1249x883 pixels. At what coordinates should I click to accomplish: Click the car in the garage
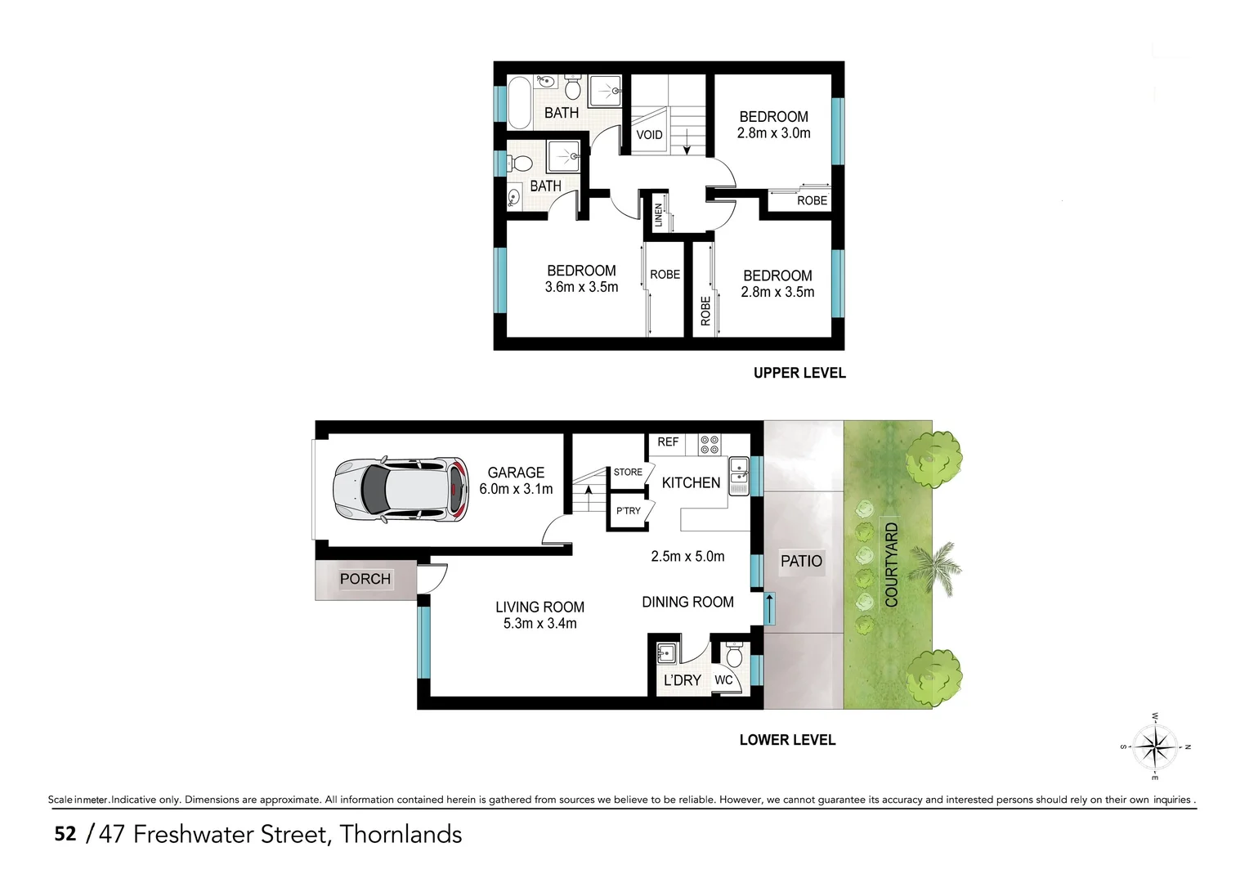tap(401, 489)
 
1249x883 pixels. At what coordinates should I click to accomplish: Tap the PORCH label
tap(365, 579)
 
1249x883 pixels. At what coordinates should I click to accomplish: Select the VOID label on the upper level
tap(649, 135)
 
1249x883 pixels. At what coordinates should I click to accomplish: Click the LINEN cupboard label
tap(658, 215)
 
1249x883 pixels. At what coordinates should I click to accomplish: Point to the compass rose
tap(1155, 746)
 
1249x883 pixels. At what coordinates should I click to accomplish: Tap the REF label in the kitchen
tap(668, 441)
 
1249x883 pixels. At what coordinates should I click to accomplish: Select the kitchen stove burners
tap(710, 444)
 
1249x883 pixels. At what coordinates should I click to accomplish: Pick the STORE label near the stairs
tap(628, 472)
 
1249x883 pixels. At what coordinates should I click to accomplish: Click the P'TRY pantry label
tap(628, 511)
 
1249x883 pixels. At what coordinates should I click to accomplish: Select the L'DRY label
tap(682, 680)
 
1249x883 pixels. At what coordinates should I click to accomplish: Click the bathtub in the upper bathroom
tap(519, 102)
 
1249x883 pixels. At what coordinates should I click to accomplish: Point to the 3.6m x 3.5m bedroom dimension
tap(581, 287)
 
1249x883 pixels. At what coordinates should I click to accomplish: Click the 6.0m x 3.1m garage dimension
tap(516, 489)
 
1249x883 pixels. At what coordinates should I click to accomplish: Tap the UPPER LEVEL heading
tap(799, 373)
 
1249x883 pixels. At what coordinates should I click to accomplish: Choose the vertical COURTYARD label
tap(891, 564)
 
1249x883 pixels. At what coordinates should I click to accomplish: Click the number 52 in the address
tap(65, 834)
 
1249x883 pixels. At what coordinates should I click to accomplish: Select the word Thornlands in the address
tap(401, 834)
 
